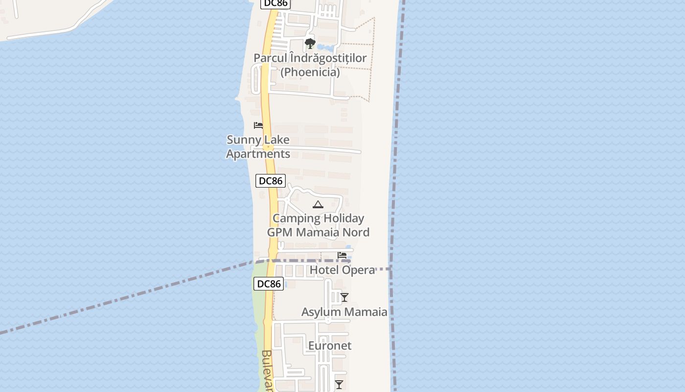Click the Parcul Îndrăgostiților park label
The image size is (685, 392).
310,58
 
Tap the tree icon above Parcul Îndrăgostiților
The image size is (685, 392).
310,44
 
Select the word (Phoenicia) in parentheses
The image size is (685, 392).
310,72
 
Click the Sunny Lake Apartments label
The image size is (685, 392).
258,147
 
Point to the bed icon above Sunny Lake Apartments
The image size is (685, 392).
258,125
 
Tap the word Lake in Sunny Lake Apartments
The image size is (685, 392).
276,140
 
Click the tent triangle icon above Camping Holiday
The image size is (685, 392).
318,204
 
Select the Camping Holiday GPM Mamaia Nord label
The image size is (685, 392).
318,225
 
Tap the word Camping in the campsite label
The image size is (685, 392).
295,218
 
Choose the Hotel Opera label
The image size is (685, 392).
342,270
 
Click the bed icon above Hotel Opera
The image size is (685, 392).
342,255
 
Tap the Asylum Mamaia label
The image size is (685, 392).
344,312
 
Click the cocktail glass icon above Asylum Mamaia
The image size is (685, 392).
344,297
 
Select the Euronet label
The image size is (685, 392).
330,345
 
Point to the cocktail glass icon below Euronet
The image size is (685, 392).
339,384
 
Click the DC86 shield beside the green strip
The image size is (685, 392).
269,284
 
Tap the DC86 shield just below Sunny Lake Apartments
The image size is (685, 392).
271,181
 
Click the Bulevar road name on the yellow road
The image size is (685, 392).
267,371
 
